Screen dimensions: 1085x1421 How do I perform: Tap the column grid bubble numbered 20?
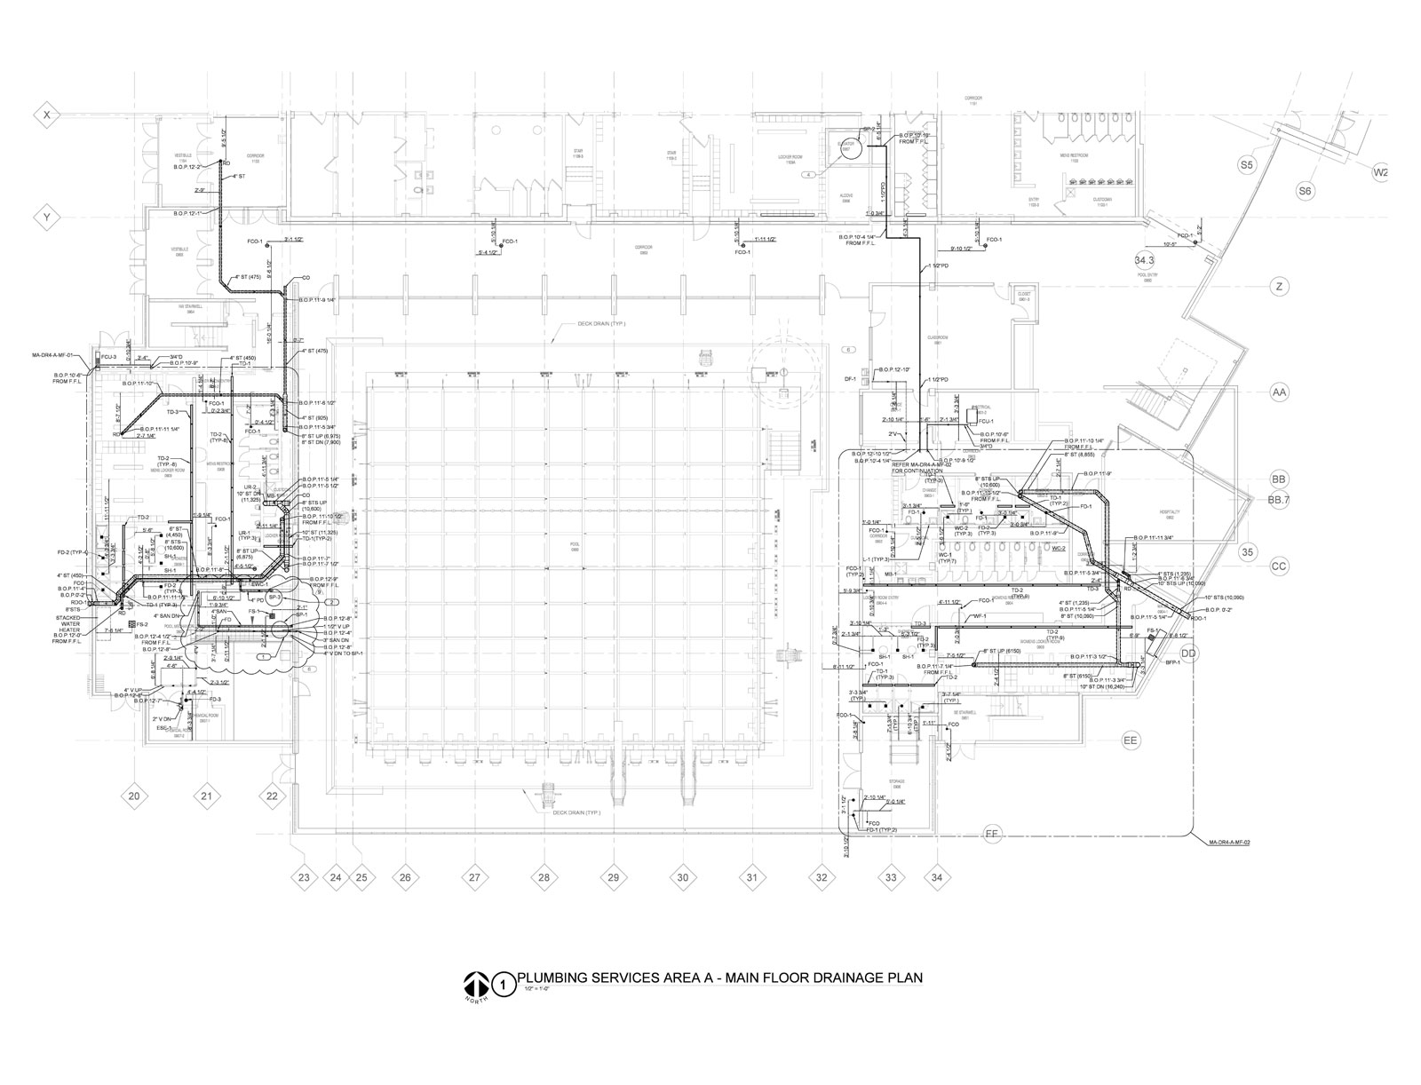[x=134, y=796]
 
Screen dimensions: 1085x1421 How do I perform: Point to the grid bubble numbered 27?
[x=474, y=878]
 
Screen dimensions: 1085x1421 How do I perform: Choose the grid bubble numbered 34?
[x=937, y=878]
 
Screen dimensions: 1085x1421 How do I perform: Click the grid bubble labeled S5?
[x=1246, y=165]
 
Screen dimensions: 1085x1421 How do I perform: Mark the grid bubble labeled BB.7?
[x=1278, y=501]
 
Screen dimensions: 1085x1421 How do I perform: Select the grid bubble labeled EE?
[x=1131, y=740]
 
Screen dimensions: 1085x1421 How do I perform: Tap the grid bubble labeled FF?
[x=993, y=833]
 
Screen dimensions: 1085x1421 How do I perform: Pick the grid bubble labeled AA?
[x=1279, y=392]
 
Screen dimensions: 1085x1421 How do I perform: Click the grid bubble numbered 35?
[x=1248, y=550]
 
